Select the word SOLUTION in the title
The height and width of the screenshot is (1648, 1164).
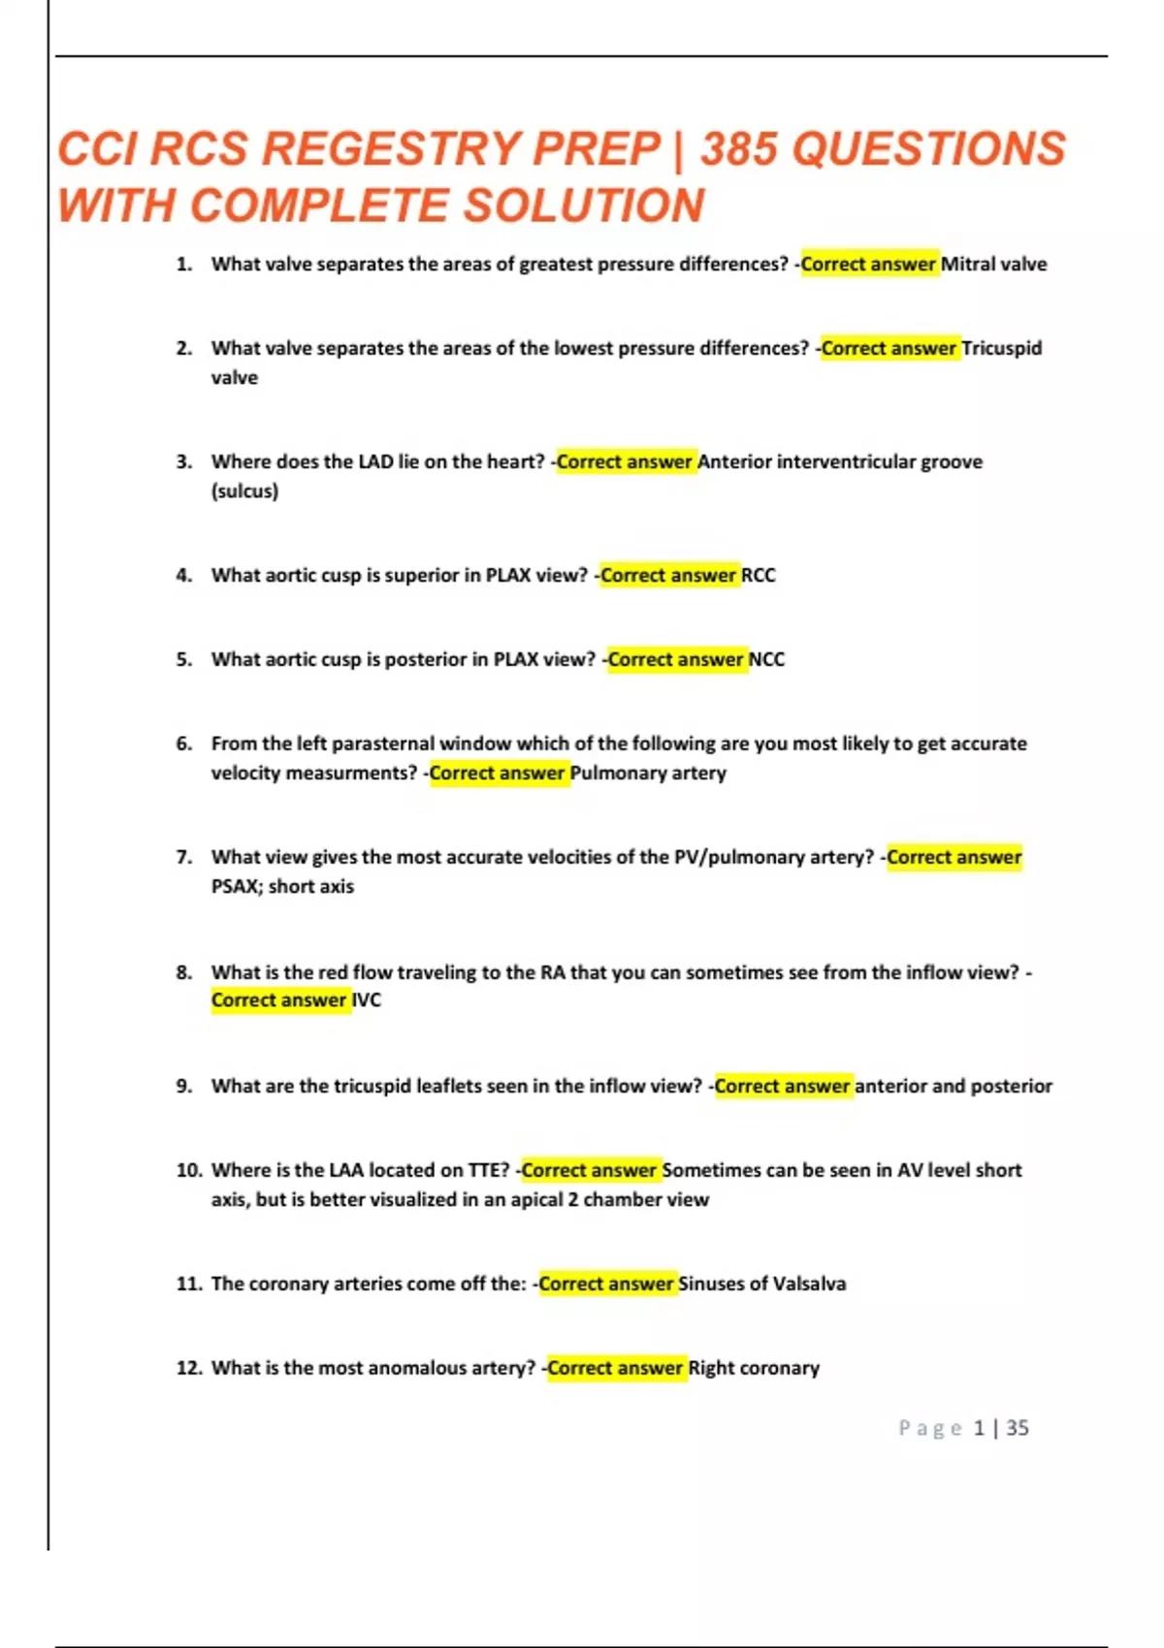[583, 206]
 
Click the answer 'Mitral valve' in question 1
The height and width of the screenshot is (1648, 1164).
[993, 264]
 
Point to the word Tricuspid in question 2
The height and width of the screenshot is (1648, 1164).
[1001, 348]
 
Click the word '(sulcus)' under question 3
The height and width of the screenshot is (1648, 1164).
[244, 491]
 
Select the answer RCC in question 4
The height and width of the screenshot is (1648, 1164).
[759, 575]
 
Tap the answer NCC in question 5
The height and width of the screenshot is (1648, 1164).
[766, 659]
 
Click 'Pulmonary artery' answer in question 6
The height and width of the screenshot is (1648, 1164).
[648, 773]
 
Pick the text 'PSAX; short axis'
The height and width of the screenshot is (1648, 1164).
[282, 886]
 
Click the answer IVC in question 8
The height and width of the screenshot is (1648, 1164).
[367, 999]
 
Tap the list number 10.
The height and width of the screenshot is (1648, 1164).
[188, 1170]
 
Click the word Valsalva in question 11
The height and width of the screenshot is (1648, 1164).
[809, 1284]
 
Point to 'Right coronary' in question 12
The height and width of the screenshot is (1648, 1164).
[754, 1368]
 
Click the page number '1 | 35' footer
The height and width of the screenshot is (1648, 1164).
[1001, 1428]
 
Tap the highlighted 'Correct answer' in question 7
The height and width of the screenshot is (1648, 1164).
[954, 857]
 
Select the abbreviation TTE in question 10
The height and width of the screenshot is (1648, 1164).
[488, 1170]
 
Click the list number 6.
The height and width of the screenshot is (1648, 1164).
[184, 744]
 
